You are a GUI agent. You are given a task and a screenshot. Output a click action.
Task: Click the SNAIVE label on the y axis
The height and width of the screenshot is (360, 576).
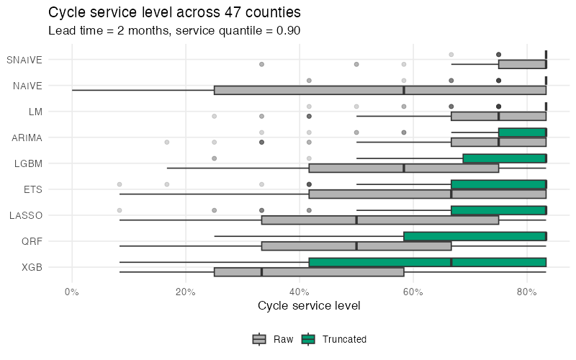tap(24, 60)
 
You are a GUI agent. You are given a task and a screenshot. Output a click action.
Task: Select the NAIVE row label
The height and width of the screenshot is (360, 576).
tap(27, 86)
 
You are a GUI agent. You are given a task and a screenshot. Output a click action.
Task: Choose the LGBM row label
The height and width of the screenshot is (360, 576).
tap(29, 163)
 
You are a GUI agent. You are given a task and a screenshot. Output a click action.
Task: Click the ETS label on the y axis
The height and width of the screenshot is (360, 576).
tap(33, 189)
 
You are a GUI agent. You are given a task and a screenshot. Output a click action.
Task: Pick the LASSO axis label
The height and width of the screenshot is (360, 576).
tap(26, 215)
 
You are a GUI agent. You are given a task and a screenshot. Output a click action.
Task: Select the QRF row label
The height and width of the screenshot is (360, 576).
tap(32, 241)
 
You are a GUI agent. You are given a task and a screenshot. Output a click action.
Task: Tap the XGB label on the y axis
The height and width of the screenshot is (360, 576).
tap(32, 267)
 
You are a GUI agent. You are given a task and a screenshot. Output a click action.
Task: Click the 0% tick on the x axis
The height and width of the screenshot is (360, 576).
tap(72, 291)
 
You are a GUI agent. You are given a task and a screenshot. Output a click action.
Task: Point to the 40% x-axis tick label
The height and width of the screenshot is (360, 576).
tap(300, 291)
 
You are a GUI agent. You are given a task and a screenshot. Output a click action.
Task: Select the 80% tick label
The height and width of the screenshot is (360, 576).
tap(527, 291)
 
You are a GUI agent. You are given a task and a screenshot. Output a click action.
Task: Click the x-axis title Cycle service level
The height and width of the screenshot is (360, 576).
tap(309, 305)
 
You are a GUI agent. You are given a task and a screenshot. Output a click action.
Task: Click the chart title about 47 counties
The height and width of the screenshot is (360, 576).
tap(174, 12)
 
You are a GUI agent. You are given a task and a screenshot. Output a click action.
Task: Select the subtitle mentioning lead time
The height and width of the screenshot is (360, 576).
tap(174, 31)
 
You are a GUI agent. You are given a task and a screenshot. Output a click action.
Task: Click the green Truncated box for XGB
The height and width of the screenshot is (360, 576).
tap(427, 262)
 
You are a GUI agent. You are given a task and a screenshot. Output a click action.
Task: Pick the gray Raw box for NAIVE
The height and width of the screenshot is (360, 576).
tap(380, 90)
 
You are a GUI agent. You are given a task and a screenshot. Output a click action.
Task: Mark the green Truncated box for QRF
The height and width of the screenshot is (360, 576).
tap(474, 236)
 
